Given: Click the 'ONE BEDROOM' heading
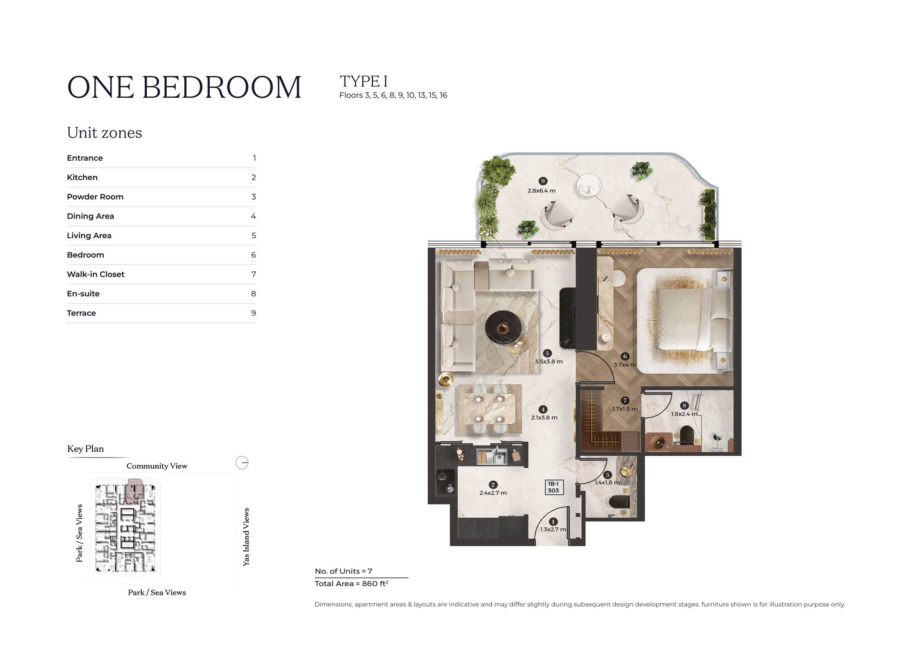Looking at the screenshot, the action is tap(184, 87).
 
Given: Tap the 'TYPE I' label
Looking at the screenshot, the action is tap(364, 81).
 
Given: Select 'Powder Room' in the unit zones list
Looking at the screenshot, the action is tap(95, 197).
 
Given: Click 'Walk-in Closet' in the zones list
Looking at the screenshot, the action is tap(96, 274).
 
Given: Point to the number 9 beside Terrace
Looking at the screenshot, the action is tap(254, 313).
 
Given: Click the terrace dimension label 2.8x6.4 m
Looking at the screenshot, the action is tap(541, 190).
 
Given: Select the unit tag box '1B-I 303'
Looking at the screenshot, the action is tap(553, 487).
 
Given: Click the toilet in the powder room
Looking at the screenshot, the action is tap(620, 502).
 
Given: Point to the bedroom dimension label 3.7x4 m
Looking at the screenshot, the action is tap(625, 365).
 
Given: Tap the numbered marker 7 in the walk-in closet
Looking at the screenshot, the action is tap(625, 401).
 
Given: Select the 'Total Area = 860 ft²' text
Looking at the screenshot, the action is tap(351, 584).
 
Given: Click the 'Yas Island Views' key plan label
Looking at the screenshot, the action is tap(246, 537).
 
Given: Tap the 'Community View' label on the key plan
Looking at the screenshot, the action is tap(157, 466).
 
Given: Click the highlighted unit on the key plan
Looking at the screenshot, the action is tap(135, 490).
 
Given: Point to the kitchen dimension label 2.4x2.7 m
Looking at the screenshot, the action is tap(493, 493).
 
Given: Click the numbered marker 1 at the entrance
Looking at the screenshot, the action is tap(553, 522).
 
